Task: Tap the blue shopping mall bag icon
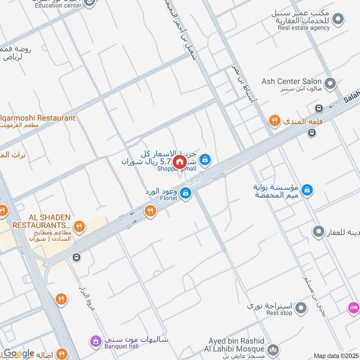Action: [205, 159]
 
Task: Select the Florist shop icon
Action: [185, 194]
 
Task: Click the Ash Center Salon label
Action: [292, 81]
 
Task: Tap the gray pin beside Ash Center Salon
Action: [330, 83]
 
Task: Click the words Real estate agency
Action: [303, 28]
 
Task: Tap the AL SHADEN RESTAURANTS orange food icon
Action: [80, 226]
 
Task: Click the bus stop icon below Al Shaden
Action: [76, 257]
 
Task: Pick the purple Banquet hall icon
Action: [95, 342]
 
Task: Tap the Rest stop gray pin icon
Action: [301, 308]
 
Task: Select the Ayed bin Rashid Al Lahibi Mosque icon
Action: [273, 350]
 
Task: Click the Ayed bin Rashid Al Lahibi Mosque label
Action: [236, 345]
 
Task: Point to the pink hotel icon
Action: [353, 308]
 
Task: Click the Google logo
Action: [19, 354]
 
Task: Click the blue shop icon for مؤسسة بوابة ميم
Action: [307, 190]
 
